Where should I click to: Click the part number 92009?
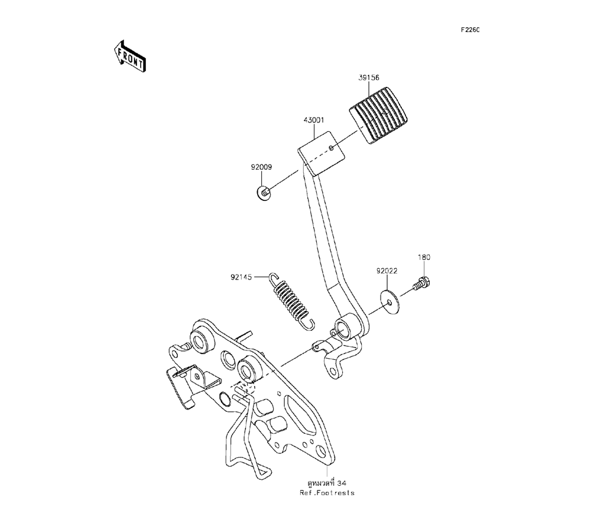point(260,167)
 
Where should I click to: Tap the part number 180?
point(424,258)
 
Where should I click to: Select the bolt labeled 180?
point(420,284)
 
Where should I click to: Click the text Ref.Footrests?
point(326,493)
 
